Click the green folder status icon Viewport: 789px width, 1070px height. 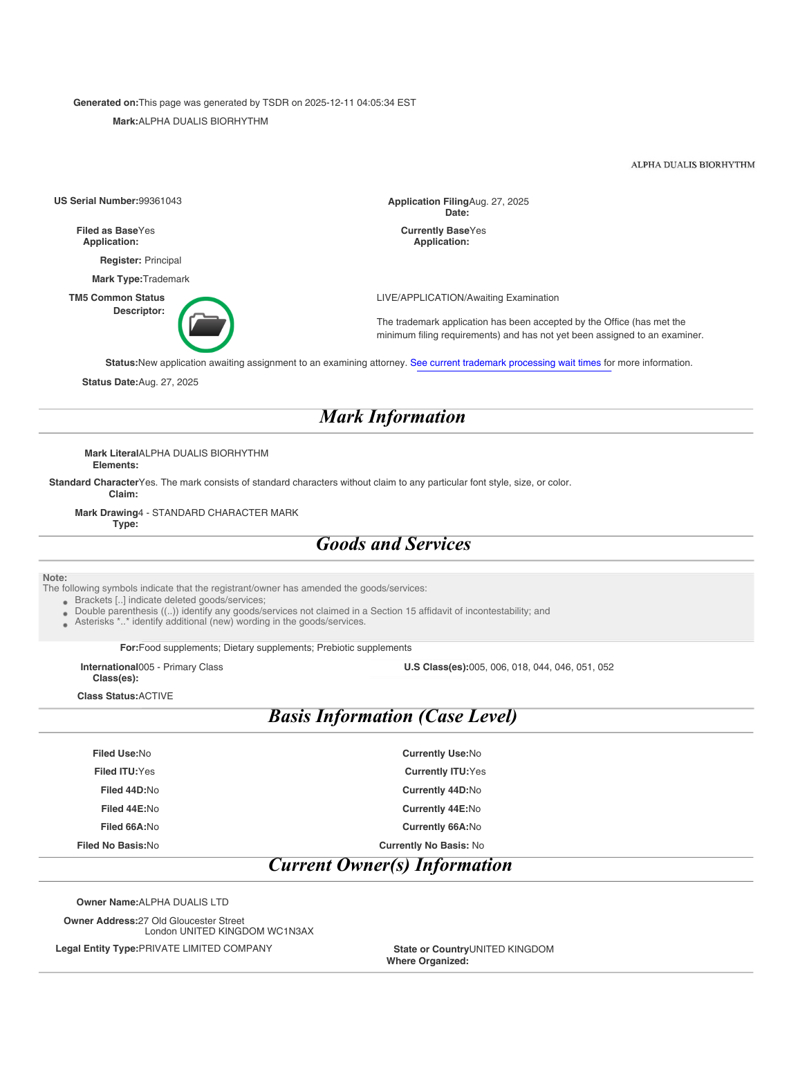[206, 324]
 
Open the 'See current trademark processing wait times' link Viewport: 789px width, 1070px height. [505, 363]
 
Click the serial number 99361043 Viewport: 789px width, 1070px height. [160, 201]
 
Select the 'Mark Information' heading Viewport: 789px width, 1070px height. [392, 417]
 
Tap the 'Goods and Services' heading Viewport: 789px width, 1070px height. [393, 544]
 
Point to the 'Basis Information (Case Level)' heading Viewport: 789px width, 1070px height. [392, 717]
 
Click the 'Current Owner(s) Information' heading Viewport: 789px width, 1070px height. [390, 865]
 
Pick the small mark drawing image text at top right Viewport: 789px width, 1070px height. [692, 165]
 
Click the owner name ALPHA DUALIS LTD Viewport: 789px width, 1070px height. [183, 903]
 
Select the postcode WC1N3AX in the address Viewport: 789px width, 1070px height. [290, 932]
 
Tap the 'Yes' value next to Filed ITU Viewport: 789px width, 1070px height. [147, 772]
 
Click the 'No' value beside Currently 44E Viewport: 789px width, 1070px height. [475, 809]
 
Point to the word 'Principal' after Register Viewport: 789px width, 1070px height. [163, 261]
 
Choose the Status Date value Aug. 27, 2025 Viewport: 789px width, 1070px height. [169, 382]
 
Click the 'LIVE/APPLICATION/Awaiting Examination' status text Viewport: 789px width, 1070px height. [467, 298]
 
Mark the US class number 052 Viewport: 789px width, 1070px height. [606, 667]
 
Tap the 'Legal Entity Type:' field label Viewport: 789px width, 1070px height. [97, 949]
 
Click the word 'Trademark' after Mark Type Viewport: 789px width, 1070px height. [166, 279]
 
